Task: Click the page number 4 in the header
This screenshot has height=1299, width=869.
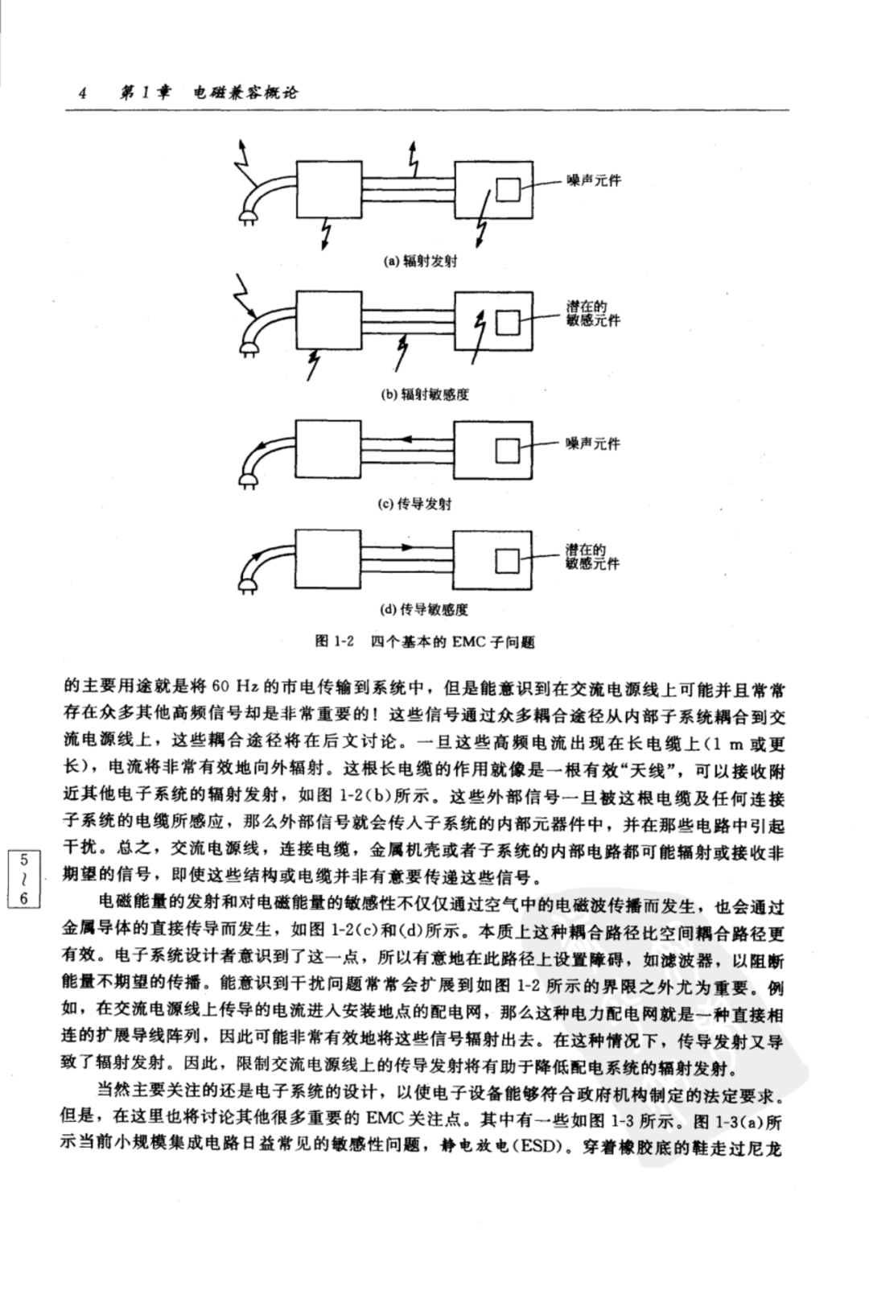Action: [x=82, y=93]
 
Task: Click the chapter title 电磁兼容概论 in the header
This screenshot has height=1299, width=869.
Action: [x=245, y=93]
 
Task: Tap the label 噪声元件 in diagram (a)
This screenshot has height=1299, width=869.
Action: [x=594, y=180]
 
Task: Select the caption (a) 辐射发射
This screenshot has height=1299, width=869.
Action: [x=420, y=262]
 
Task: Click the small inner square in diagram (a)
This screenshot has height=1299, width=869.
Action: [x=508, y=190]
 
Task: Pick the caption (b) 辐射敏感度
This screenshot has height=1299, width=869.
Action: [x=424, y=395]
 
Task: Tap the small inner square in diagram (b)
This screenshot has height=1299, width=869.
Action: [x=508, y=323]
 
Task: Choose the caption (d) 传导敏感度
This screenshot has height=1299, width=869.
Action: [x=424, y=609]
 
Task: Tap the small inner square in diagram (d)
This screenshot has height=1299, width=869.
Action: [x=508, y=561]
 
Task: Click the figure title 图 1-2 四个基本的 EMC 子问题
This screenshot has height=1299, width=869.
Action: [x=424, y=641]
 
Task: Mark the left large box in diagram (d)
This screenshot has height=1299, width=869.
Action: [x=329, y=559]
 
